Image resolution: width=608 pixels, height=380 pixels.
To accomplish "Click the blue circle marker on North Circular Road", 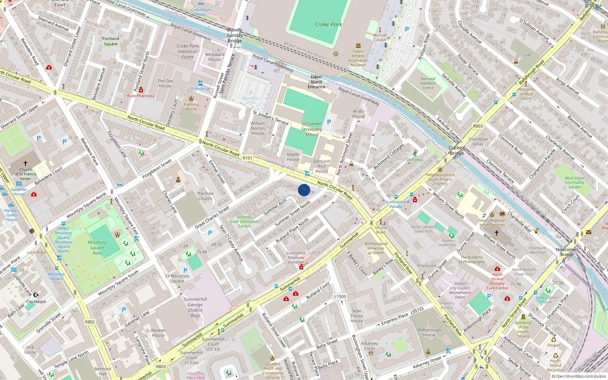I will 304,190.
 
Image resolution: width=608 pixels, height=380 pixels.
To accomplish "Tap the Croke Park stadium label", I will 328,24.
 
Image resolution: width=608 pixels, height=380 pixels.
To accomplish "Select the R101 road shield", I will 247,158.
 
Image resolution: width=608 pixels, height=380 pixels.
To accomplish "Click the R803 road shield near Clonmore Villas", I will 478,126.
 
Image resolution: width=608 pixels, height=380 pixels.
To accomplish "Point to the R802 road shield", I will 90,322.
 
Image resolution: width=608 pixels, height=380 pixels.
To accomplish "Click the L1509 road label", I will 340,296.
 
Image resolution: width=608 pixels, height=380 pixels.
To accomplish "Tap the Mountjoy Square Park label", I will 97,247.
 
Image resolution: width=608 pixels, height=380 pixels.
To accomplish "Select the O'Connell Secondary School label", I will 312,129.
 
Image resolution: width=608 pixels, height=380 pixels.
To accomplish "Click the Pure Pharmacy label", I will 141,96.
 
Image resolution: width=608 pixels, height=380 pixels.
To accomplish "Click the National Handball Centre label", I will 428,83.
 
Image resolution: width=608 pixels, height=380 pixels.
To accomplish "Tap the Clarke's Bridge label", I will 457,150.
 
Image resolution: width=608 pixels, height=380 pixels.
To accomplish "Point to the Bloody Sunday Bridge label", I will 234,35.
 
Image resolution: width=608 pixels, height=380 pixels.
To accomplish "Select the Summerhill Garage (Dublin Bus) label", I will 195,307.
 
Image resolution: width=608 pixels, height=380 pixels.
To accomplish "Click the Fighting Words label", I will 191,107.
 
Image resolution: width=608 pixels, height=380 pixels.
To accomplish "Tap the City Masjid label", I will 36,301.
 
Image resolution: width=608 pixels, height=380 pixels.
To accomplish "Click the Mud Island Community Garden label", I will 575,182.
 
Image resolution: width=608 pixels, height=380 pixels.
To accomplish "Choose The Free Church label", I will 205,196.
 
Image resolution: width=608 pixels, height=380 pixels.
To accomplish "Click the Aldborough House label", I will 429,332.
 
